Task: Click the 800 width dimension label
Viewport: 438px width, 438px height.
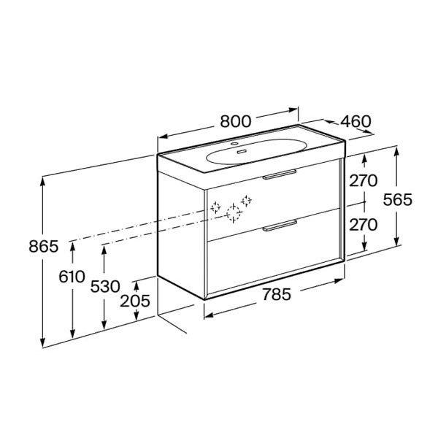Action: pyautogui.click(x=236, y=121)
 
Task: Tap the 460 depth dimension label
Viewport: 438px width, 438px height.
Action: pyautogui.click(x=356, y=121)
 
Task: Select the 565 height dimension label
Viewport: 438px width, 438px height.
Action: pyautogui.click(x=398, y=200)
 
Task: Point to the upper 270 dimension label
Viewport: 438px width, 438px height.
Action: pyautogui.click(x=363, y=181)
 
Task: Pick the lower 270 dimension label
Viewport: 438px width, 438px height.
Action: pyautogui.click(x=363, y=225)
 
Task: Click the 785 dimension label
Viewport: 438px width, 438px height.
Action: pyautogui.click(x=277, y=294)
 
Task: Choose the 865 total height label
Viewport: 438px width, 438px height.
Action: pyautogui.click(x=44, y=247)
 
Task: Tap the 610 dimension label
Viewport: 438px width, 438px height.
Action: pyautogui.click(x=72, y=277)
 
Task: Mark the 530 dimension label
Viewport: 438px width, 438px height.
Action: pyautogui.click(x=105, y=287)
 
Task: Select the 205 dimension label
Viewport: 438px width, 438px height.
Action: pyautogui.click(x=135, y=301)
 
